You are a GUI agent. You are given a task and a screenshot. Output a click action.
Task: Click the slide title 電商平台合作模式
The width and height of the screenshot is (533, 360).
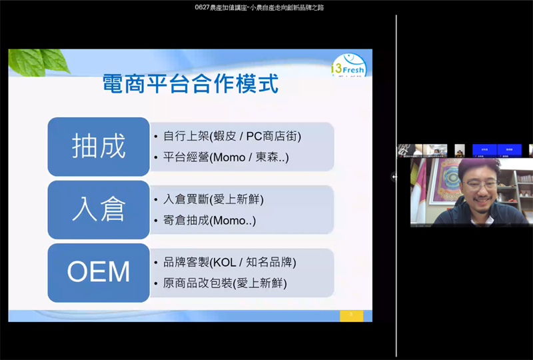point(190,84)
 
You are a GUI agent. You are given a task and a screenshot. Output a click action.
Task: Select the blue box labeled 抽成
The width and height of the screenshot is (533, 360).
point(99,147)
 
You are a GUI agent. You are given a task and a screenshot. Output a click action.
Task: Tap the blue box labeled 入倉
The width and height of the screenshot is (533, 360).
point(99,209)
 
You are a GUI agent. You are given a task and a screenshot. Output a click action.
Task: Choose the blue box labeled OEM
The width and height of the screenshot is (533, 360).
point(99,272)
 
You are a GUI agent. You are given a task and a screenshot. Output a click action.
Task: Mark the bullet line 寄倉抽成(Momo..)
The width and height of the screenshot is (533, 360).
point(209,220)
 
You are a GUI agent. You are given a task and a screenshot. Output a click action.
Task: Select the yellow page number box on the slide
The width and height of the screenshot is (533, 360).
point(351,315)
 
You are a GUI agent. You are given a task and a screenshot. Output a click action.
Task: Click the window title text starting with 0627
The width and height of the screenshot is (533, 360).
point(264,7)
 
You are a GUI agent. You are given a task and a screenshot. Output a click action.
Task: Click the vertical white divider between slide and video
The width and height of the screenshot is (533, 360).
point(396,180)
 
